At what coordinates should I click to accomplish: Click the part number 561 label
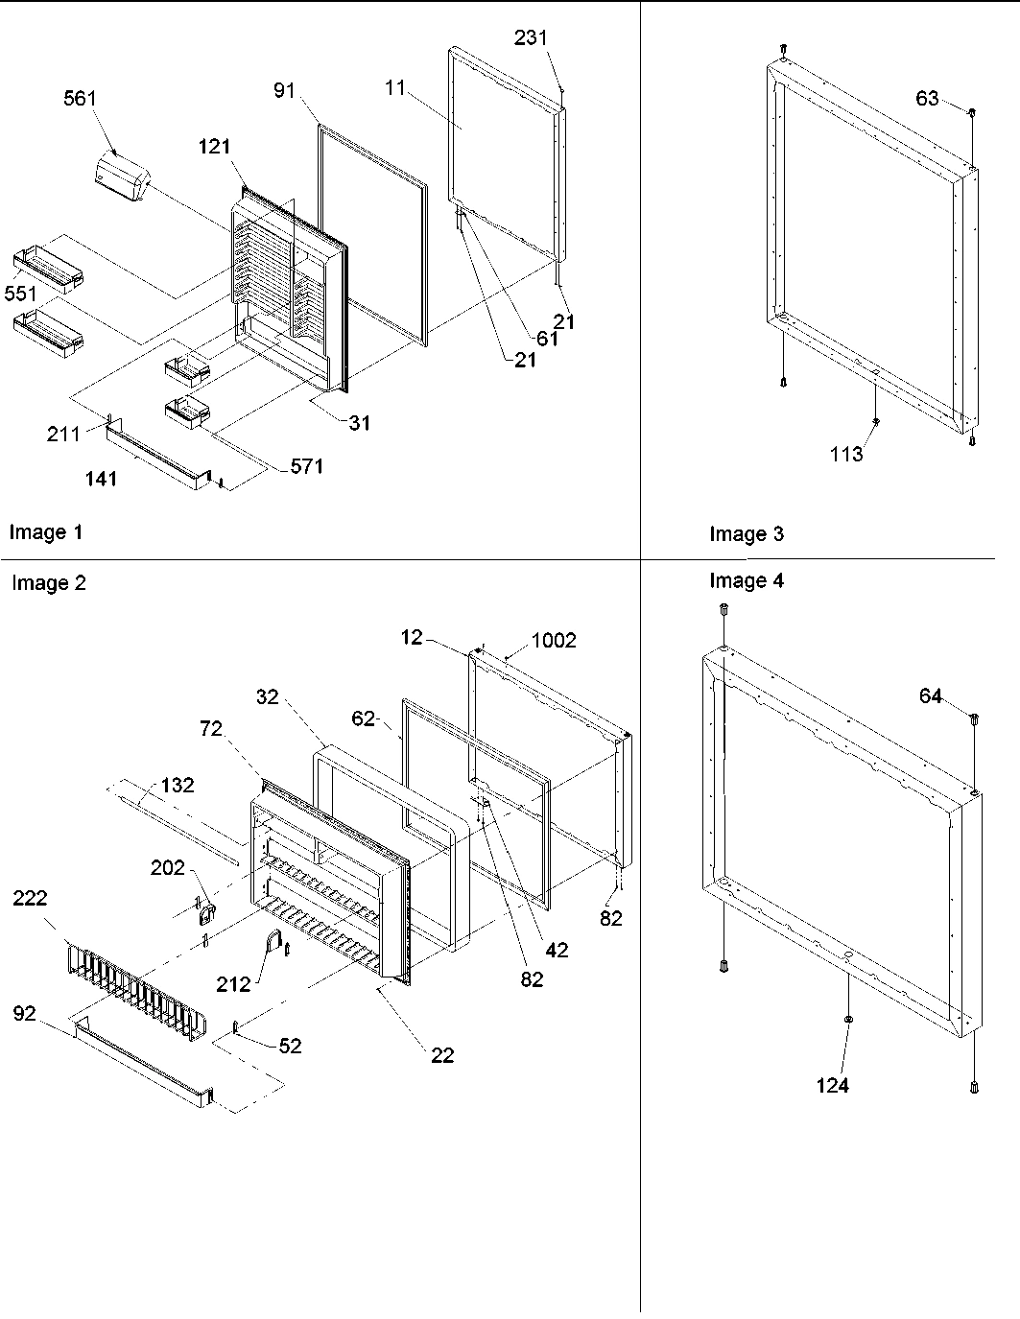[80, 99]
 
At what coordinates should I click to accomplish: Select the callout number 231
[530, 38]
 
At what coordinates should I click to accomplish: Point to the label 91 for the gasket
[285, 91]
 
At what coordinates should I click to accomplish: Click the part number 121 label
[215, 146]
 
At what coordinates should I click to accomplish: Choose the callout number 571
[307, 466]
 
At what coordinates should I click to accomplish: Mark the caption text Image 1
[45, 532]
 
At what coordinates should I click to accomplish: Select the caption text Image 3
[746, 534]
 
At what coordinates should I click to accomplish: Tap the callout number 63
[927, 98]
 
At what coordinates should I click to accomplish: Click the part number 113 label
[846, 455]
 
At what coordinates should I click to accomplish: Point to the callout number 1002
[554, 640]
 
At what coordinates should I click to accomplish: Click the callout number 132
[178, 785]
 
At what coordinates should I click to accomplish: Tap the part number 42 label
[557, 950]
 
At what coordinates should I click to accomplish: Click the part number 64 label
[931, 696]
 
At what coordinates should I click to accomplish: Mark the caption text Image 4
[746, 580]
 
